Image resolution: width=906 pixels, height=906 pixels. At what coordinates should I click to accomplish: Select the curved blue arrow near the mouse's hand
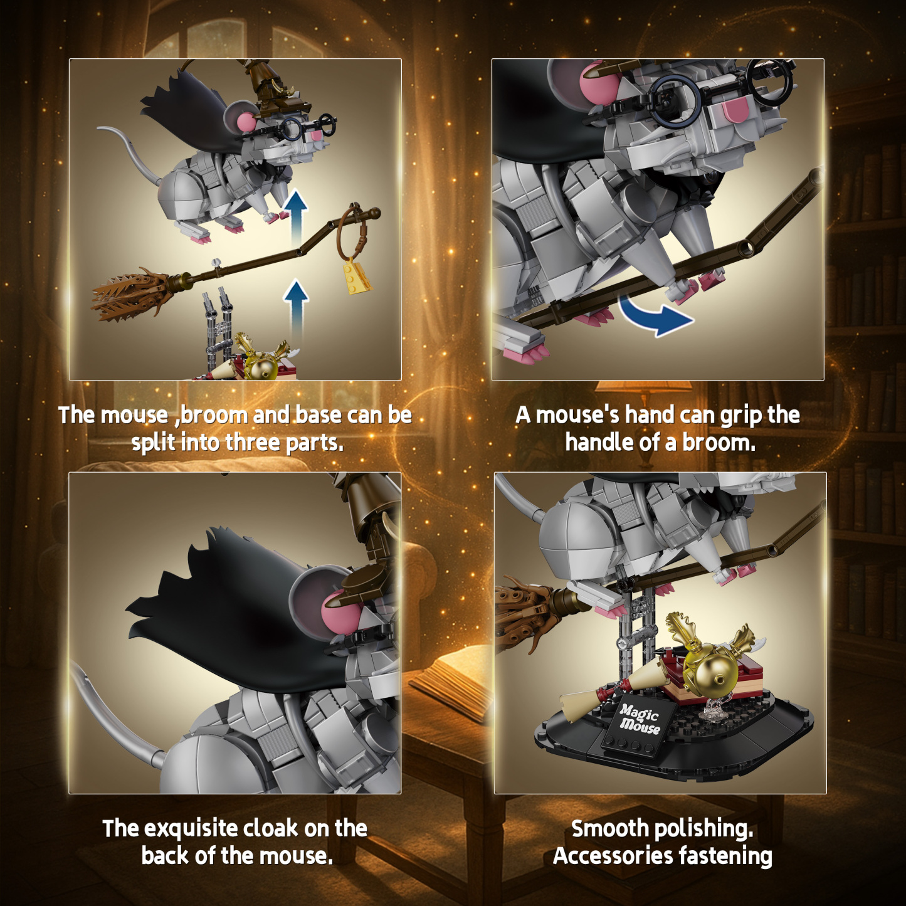click(655, 317)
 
